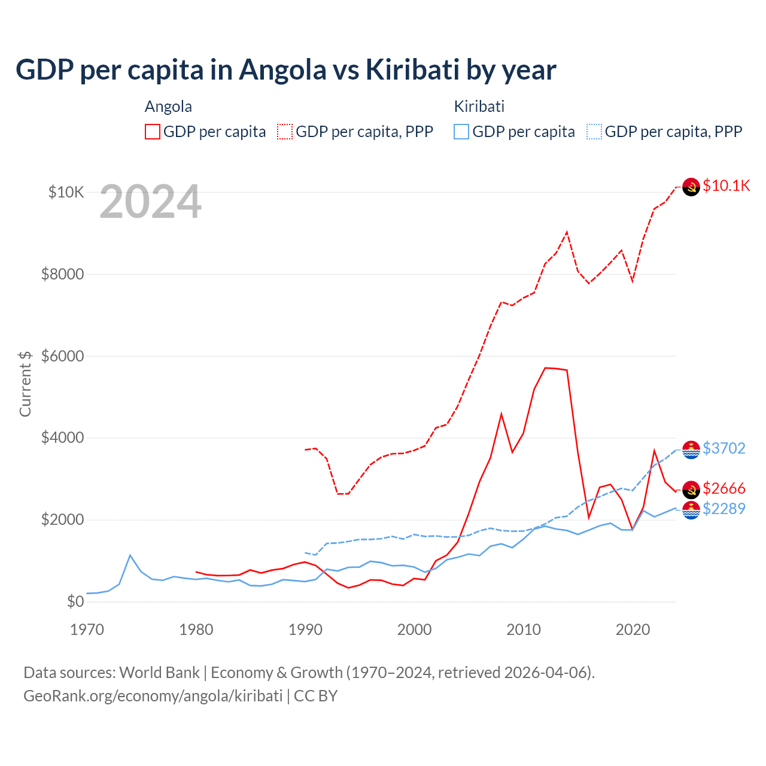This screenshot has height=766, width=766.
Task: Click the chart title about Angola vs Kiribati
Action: [286, 69]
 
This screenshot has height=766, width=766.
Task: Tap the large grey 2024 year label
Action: [150, 202]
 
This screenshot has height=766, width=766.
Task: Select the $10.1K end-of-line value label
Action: [726, 186]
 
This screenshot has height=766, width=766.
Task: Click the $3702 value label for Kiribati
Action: [724, 448]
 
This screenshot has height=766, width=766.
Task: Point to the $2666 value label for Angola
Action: [724, 488]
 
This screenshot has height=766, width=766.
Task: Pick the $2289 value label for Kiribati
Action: [724, 509]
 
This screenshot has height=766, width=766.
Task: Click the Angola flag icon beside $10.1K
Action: [691, 187]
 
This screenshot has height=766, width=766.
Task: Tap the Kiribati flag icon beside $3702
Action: [691, 449]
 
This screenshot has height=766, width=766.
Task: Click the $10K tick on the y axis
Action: [66, 192]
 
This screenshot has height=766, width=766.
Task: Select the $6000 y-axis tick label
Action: [62, 356]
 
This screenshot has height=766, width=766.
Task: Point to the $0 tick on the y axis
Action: [75, 601]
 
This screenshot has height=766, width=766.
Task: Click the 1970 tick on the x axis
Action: [87, 630]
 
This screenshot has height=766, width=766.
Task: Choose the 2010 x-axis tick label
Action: [524, 630]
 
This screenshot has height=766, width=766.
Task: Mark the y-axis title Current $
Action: [25, 384]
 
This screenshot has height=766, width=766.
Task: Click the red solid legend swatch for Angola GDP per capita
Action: [153, 132]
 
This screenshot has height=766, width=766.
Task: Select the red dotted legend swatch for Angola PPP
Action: [285, 132]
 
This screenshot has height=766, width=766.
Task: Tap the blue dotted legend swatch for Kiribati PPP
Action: [594, 132]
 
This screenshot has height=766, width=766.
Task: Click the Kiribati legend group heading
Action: [479, 107]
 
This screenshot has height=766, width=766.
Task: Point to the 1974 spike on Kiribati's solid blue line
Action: [130, 555]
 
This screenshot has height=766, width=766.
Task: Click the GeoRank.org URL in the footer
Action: [153, 696]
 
